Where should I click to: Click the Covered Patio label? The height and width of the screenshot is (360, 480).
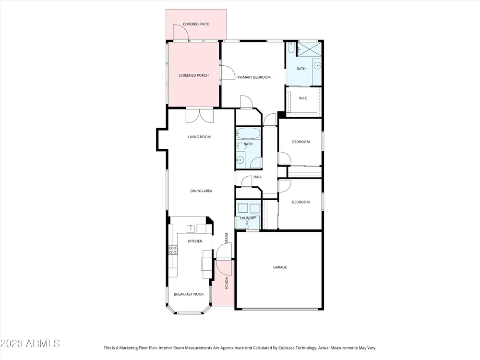(196, 24)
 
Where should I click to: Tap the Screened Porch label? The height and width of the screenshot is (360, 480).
(193, 75)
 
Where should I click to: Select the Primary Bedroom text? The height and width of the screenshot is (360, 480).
(254, 77)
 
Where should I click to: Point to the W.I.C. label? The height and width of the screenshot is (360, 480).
(303, 98)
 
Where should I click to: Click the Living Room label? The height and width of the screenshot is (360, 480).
(199, 137)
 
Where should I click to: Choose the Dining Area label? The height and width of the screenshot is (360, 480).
(201, 191)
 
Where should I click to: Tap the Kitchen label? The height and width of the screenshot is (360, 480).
(195, 241)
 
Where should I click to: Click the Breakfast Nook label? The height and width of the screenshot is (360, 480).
(189, 294)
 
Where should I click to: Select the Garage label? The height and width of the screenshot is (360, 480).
(280, 267)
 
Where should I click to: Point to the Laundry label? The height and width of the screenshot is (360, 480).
(248, 218)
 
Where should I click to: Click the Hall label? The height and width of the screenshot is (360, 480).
(257, 177)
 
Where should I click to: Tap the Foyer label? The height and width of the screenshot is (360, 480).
(226, 239)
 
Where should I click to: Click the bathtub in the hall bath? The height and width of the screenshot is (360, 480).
(248, 134)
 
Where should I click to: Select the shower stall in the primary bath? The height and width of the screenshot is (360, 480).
(309, 49)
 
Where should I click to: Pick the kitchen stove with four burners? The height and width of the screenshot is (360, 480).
(173, 250)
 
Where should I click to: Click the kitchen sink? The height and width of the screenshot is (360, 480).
(191, 228)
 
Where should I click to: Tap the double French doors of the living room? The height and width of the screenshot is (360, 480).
(199, 116)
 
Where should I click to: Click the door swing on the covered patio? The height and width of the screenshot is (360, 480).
(180, 32)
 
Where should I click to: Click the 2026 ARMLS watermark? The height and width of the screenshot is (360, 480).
(30, 344)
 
